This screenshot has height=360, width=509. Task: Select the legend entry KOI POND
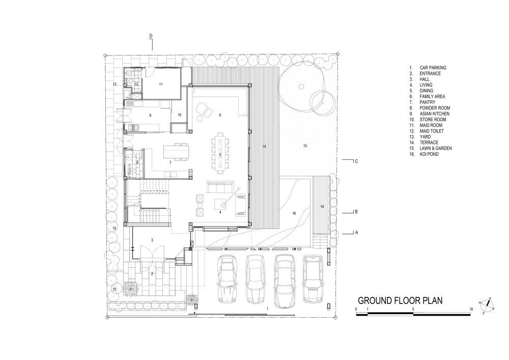tap(430, 154)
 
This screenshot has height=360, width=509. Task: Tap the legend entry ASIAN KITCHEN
tap(434, 114)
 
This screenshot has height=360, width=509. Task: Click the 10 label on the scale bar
tap(471, 309)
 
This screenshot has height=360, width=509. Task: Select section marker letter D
tap(151, 36)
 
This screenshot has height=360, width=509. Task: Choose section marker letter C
tap(357, 161)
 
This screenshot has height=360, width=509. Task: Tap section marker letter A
tap(357, 232)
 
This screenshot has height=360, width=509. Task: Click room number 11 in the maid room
tap(160, 84)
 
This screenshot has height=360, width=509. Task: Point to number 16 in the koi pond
tap(293, 213)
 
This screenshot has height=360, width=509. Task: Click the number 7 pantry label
tap(170, 163)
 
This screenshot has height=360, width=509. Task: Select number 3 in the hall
tap(152, 239)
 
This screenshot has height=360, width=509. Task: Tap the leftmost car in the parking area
tap(227, 279)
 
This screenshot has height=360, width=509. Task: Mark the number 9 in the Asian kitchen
tap(150, 116)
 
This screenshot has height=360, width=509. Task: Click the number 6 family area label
tap(220, 115)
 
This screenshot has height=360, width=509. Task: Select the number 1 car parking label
tap(267, 309)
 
